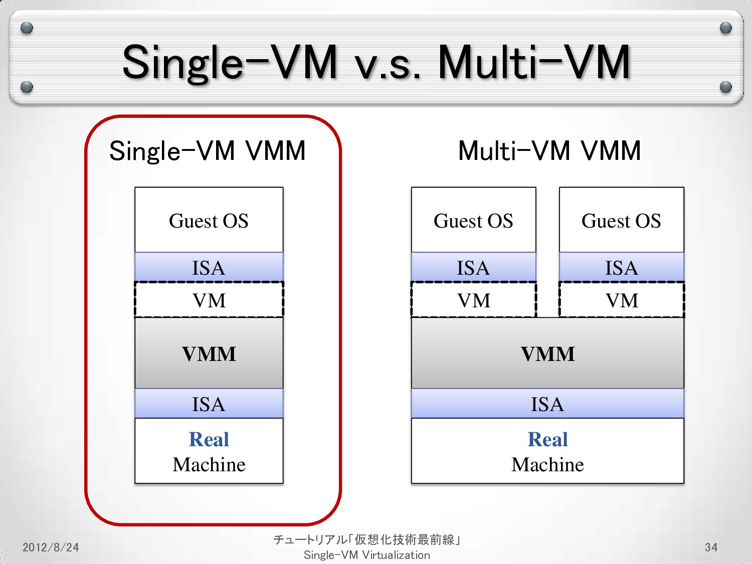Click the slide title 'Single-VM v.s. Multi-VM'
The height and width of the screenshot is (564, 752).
click(376, 62)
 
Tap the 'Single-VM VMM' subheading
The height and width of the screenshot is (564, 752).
click(208, 150)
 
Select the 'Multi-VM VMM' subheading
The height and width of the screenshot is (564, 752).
click(549, 150)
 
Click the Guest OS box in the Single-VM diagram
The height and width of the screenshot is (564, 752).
click(209, 220)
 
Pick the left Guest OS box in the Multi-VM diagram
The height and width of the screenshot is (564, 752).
click(473, 220)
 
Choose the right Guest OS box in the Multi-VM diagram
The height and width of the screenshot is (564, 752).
click(621, 220)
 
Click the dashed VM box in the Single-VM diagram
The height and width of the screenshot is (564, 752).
click(209, 300)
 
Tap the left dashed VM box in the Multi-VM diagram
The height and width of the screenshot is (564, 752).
click(473, 300)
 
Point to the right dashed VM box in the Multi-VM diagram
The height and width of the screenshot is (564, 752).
click(621, 300)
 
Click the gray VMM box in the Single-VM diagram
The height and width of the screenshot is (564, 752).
click(209, 353)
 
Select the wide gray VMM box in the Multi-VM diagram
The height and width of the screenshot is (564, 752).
click(547, 353)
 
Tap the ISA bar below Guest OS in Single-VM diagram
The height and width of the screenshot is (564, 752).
click(209, 267)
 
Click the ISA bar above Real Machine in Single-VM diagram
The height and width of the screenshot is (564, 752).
click(209, 404)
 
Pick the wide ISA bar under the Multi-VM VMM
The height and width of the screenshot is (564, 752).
click(547, 404)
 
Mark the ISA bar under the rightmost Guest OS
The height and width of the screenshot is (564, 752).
click(621, 267)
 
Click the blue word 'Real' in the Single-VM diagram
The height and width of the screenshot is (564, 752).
click(209, 439)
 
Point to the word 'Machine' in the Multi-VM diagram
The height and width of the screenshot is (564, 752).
click(547, 465)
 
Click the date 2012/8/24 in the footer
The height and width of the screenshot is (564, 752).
click(51, 547)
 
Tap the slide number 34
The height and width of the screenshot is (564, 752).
click(711, 547)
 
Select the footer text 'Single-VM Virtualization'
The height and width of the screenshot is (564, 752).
click(367, 555)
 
